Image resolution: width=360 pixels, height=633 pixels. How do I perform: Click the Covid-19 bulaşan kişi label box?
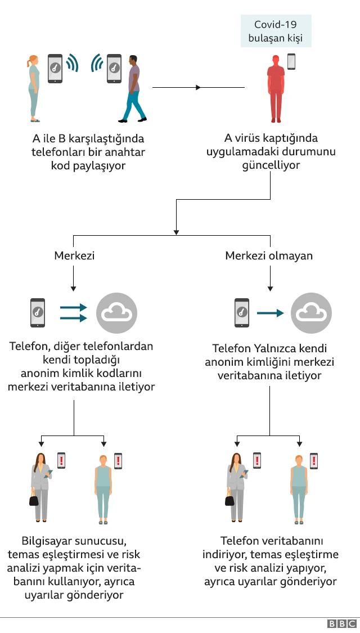pos(276,32)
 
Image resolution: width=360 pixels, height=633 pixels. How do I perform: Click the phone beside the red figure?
pos(291,62)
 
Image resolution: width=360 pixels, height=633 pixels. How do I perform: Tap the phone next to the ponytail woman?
pos(55,69)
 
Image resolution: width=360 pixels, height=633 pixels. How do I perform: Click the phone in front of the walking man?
pos(114,69)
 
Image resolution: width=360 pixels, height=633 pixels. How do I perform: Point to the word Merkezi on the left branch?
pos(74,255)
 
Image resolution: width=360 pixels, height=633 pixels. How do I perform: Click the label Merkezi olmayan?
pos(269,255)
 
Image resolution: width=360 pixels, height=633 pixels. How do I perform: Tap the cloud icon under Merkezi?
pos(117,313)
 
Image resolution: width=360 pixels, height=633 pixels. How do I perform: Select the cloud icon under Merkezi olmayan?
pos(311,313)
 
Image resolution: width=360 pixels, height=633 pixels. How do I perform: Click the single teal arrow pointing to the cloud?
pos(270,313)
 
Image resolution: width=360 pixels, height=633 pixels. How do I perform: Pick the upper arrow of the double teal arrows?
pos(73,307)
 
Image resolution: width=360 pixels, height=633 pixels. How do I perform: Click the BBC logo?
pos(342,623)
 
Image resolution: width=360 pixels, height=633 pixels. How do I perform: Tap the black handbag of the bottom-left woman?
pos(34,500)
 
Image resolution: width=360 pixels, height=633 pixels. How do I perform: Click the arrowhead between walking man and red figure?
pos(198,88)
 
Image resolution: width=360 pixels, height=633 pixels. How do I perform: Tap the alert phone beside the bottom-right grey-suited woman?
pos(257,461)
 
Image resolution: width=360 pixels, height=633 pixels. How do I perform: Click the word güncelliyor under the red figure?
pos(271,166)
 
